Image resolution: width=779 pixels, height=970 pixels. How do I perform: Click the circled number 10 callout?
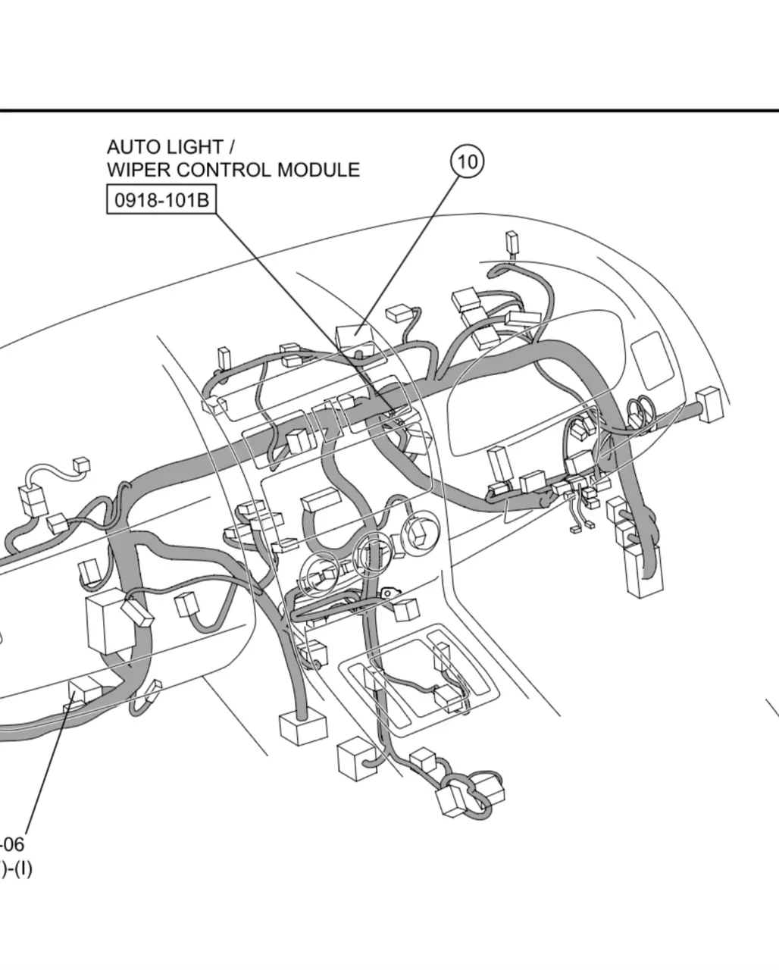tap(468, 161)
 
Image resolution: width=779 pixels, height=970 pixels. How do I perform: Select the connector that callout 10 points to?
tap(354, 336)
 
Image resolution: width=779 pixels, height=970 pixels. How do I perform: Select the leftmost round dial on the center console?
tap(320, 574)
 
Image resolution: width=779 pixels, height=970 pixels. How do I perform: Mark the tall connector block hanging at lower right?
tap(643, 571)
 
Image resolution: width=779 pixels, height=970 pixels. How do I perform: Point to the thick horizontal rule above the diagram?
tap(389, 111)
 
